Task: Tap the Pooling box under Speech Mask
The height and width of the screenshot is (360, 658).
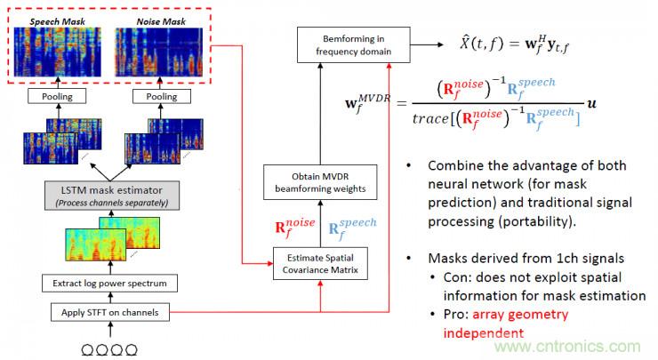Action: click(x=58, y=96)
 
